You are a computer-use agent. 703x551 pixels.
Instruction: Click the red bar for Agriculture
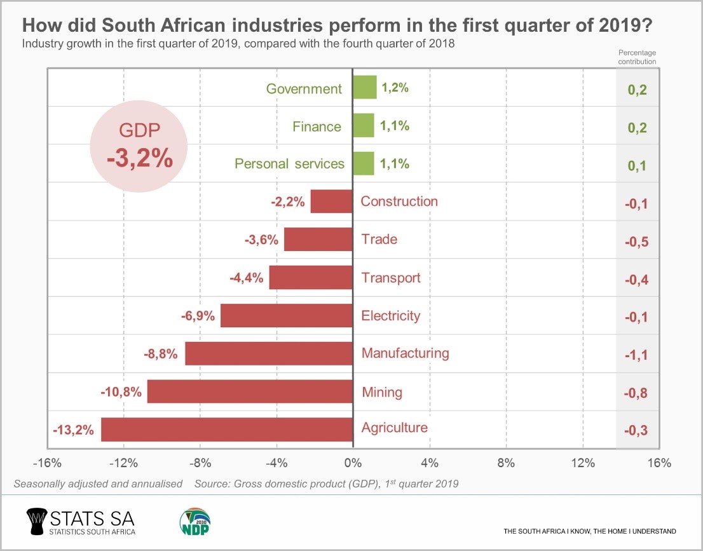227,430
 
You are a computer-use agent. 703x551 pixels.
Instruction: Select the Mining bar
250,391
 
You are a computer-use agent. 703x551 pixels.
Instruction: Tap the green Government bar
365,88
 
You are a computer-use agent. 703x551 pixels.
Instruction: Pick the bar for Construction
331,201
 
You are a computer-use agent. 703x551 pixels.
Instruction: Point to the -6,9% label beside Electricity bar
199,315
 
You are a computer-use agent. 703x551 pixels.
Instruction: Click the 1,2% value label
395,88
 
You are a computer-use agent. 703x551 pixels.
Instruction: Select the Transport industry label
391,278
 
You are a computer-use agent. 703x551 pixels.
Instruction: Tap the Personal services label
289,164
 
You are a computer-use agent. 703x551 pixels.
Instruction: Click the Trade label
379,240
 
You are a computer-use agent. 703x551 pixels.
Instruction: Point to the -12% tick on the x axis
123,463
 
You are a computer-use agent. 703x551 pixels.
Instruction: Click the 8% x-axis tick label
506,463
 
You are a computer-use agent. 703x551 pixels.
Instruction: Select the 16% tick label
659,463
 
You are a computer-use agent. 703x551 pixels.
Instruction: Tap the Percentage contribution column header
638,58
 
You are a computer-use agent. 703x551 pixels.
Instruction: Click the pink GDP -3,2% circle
139,147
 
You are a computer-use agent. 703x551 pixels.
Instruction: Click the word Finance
317,126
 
